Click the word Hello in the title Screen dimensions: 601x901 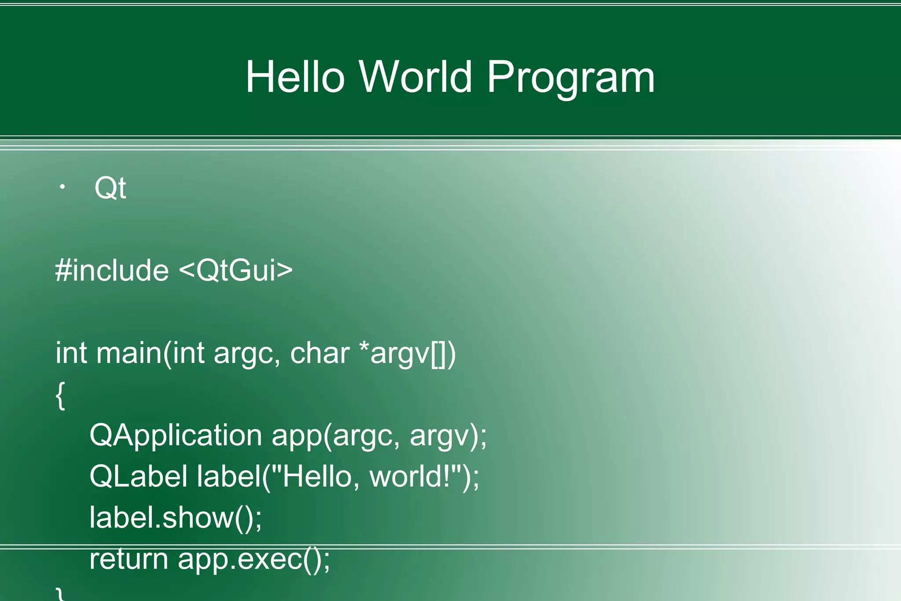pos(295,77)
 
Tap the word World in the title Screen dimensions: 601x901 pos(416,77)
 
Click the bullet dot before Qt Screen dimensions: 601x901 pos(62,187)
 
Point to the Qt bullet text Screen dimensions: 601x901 pos(110,188)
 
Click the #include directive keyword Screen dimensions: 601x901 pos(112,270)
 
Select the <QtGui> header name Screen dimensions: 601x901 pos(236,270)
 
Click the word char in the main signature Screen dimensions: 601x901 pos(320,353)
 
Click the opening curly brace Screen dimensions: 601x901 pos(61,395)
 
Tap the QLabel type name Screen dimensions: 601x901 pos(138,476)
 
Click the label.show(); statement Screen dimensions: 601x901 pos(176,518)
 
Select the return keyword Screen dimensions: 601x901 pos(129,559)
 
